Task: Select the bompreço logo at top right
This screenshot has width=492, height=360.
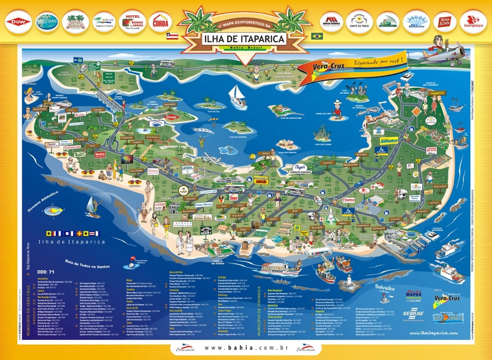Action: tap(471, 22)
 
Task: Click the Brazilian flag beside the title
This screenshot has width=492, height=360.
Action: tap(317, 36)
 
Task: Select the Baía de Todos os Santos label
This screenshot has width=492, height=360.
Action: tap(85, 263)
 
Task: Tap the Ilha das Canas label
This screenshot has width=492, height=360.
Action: tap(323, 144)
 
